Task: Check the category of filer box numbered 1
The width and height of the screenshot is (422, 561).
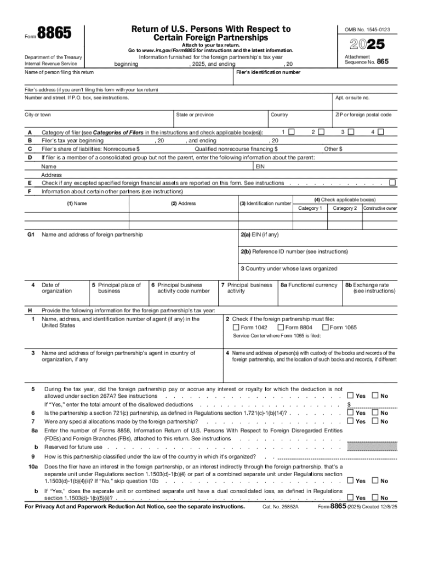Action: pyautogui.click(x=292, y=132)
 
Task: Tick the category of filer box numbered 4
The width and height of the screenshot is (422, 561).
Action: pyautogui.click(x=381, y=132)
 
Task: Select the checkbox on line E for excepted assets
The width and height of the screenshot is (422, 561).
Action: pyautogui.click(x=392, y=182)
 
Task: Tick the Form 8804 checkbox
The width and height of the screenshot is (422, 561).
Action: pyautogui.click(x=281, y=328)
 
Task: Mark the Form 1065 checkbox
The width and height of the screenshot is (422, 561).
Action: pyautogui.click(x=326, y=328)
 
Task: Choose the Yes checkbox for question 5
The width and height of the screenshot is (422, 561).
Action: pyautogui.click(x=350, y=396)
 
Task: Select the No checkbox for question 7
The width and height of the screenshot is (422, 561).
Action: pyautogui.click(x=375, y=421)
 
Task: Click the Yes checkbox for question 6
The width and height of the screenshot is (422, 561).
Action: pyautogui.click(x=350, y=413)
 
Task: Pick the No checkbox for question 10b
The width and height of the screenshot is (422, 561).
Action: pyautogui.click(x=375, y=498)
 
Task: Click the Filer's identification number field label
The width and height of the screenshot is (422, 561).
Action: pyautogui.click(x=268, y=72)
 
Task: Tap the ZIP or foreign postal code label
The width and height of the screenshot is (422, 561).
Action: pyautogui.click(x=363, y=115)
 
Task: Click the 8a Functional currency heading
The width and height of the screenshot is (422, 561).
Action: pyautogui.click(x=309, y=285)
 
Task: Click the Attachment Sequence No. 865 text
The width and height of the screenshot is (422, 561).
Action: pyautogui.click(x=366, y=60)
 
